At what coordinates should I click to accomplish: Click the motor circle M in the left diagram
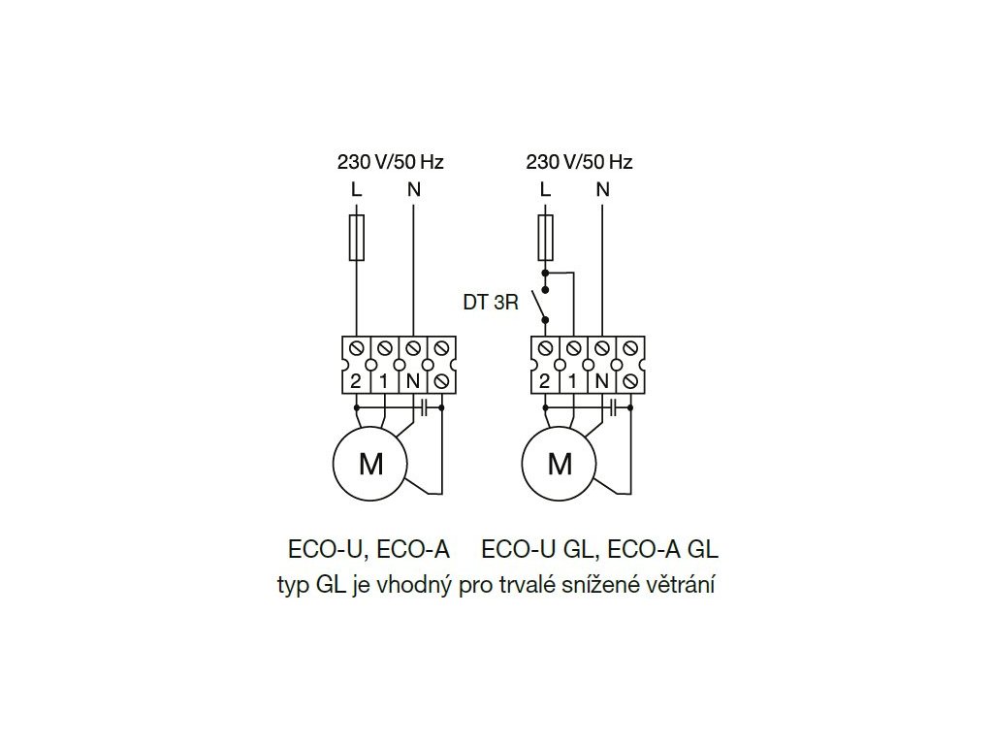pos(370,464)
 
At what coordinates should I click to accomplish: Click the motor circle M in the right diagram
pos(560,464)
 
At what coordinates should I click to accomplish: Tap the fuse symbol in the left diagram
pos(356,239)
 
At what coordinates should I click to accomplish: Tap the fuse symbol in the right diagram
pos(545,239)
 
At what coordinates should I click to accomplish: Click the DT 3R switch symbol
pos(543,308)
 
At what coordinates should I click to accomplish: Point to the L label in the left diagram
pos(356,189)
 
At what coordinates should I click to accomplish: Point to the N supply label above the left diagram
pos(413,189)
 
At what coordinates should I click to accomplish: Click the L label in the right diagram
pos(545,189)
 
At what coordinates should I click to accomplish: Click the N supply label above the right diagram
pos(602,189)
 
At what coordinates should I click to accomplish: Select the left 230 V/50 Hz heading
pos(390,162)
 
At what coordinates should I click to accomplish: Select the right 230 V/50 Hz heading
pos(578,162)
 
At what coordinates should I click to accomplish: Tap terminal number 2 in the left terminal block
pos(356,381)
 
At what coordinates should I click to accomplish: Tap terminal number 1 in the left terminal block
pos(384,381)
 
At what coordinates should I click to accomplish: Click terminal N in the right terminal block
pos(601,381)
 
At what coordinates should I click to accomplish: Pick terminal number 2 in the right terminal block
pos(545,381)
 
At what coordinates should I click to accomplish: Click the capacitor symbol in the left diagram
pos(425,408)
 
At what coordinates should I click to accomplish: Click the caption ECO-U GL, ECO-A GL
pos(599,550)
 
